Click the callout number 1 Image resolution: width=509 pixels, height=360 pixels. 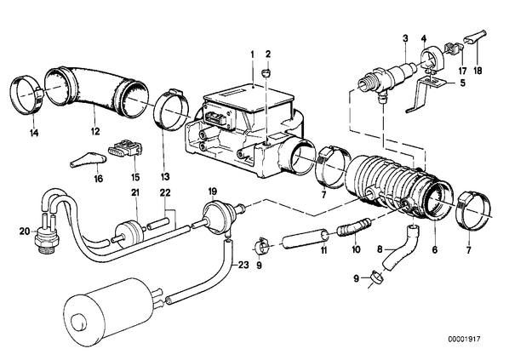pos(252,54)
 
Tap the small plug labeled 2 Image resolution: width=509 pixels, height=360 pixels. pos(266,74)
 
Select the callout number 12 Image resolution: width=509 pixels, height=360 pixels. pos(95,131)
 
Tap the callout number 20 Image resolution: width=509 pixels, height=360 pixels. pos(25,231)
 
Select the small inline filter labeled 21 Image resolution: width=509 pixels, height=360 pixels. pos(129,231)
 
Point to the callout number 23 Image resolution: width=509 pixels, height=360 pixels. pos(243,266)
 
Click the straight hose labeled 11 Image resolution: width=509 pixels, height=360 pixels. pos(306,240)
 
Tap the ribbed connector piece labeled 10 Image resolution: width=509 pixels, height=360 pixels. pos(354,226)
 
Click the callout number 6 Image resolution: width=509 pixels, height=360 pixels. pos(434,249)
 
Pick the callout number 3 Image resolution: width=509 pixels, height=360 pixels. pos(405,39)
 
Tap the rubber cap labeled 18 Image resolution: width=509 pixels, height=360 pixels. pos(475,37)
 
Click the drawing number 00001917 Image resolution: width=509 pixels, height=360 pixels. pos(464,340)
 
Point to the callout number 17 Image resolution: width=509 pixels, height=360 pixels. pos(462,71)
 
